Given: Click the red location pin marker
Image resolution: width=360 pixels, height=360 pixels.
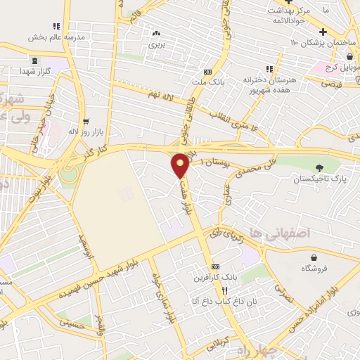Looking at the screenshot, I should point(181,165).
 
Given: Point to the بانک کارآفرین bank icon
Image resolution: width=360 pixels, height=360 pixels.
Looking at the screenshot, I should point(214,267).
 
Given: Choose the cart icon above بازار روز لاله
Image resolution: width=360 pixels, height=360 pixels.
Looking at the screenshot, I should point(85,120).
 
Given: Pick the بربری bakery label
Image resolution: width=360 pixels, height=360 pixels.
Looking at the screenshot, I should point(155,44).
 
